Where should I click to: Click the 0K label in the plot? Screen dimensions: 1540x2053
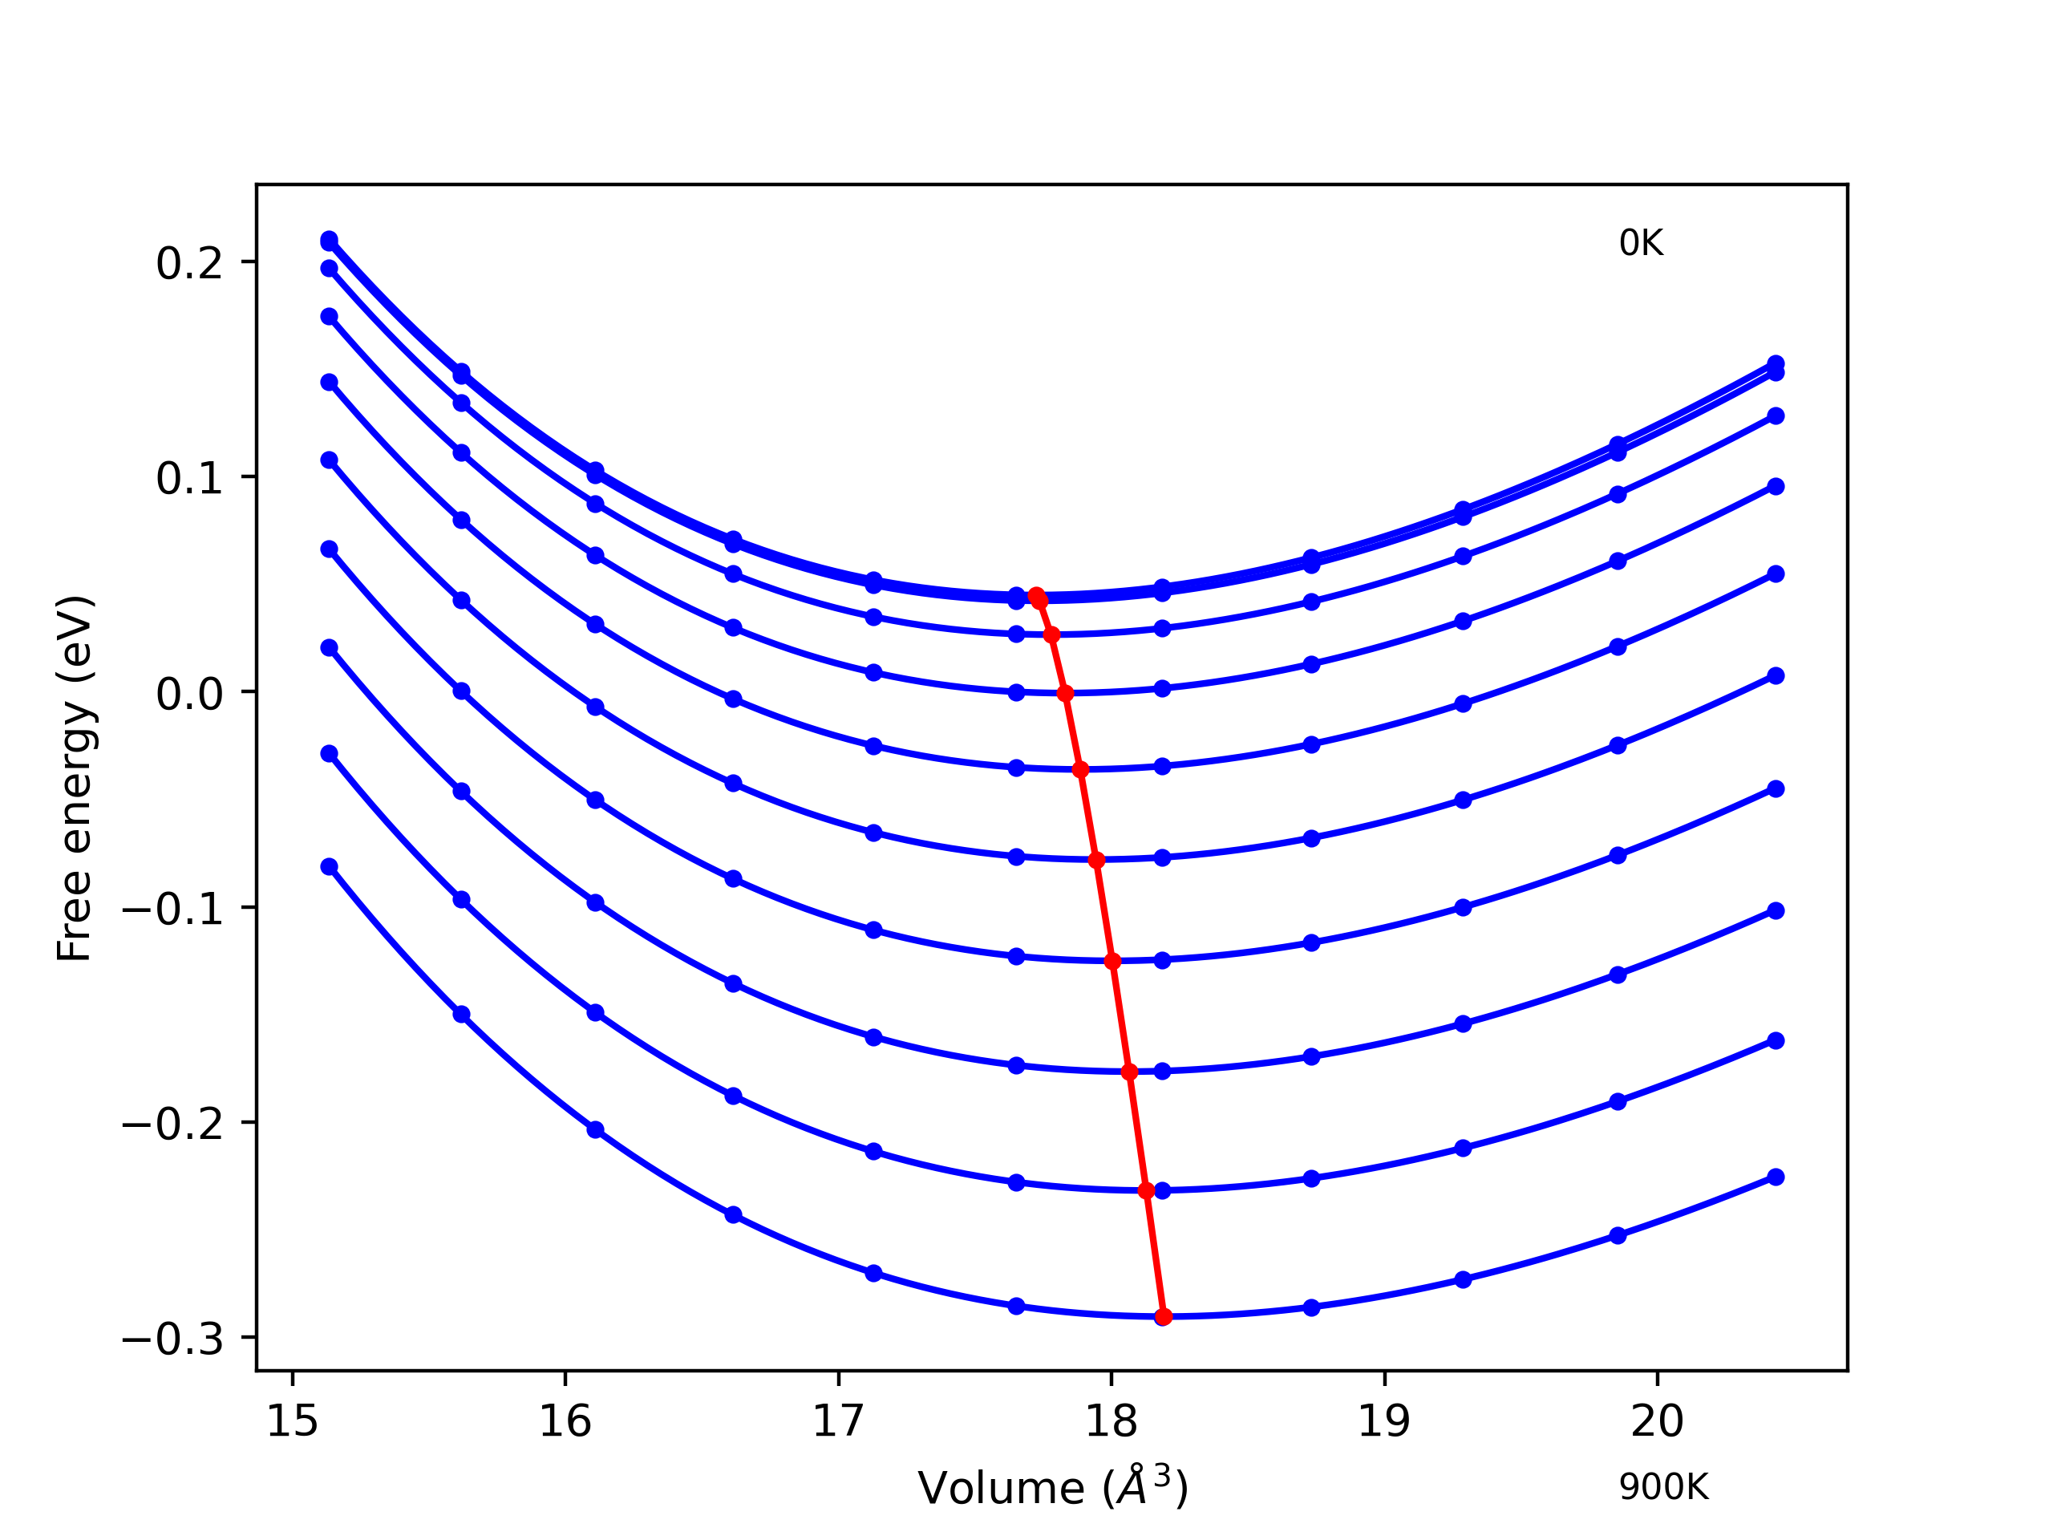(1641, 243)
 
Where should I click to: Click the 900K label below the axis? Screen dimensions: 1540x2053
(1663, 1487)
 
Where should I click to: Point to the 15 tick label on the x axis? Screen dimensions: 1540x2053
(293, 1421)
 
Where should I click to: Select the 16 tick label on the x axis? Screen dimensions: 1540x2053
(565, 1421)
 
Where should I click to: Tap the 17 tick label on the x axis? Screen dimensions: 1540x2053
(838, 1421)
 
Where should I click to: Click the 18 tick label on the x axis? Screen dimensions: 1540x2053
(1111, 1421)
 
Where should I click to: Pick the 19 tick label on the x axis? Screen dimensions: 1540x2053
(1384, 1421)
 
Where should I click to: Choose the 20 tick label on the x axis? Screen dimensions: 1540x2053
(1657, 1421)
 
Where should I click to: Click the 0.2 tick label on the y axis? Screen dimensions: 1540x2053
(189, 264)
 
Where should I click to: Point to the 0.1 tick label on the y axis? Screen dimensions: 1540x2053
(189, 479)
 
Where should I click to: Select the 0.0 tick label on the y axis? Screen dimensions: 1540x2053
(189, 695)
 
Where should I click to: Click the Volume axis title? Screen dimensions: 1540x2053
(1052, 1488)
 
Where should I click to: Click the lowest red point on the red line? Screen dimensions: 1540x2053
(1164, 1316)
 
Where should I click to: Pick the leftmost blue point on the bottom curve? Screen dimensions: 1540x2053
(330, 866)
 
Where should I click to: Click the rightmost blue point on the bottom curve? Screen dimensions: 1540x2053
(1776, 1177)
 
